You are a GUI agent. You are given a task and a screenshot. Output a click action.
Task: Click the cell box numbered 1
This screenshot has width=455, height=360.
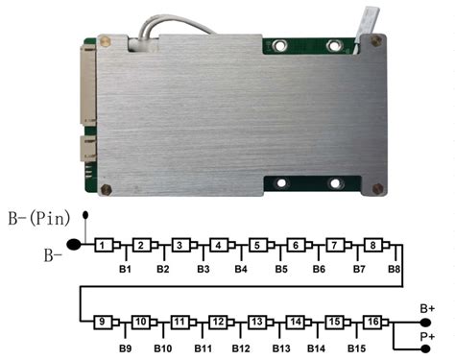101,246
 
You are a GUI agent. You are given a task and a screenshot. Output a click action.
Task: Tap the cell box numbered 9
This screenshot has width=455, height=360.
101,321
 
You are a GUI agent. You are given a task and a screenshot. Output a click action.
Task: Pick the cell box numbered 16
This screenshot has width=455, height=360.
374,321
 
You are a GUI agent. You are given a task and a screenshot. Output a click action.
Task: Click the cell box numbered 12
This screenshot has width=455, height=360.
219,321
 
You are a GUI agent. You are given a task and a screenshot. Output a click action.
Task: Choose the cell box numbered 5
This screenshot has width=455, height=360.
257,246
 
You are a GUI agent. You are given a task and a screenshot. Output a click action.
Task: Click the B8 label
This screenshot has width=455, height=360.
395,269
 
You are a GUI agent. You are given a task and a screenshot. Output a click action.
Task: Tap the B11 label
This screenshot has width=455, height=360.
204,345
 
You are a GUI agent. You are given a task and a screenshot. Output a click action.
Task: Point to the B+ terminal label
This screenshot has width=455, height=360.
428,308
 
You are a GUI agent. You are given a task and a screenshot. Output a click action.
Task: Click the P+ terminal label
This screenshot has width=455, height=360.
428,336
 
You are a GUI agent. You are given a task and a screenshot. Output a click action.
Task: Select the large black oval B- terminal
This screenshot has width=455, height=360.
76,246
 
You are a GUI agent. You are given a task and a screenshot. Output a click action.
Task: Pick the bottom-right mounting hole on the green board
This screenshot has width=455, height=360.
335,182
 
